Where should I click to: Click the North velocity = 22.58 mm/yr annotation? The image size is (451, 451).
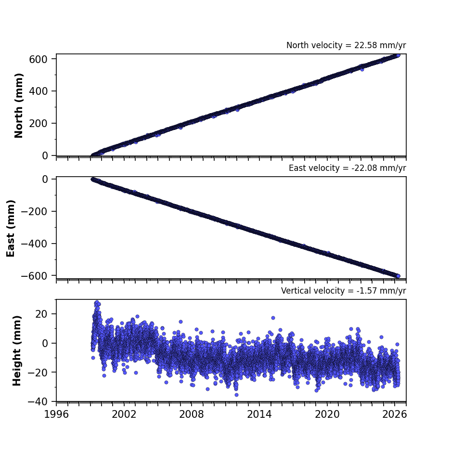346,45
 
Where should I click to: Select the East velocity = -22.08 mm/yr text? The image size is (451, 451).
347,168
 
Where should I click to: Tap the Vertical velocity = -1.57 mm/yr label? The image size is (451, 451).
344,291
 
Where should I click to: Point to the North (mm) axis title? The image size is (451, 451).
18,105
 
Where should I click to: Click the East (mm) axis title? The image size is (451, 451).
11,228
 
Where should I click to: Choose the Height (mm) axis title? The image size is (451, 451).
17,350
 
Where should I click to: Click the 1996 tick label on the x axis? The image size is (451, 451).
56,414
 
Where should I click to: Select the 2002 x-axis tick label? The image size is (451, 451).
124,414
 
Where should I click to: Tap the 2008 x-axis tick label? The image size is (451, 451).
192,414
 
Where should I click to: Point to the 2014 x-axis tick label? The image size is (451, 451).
259,414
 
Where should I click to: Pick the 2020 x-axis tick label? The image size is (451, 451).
327,414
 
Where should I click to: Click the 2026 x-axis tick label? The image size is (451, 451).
395,414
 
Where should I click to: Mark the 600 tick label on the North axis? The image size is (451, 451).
38,59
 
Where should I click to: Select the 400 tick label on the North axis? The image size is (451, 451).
38,91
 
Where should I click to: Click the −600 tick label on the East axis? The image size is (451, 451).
34,276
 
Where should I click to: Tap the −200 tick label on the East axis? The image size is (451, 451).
34,211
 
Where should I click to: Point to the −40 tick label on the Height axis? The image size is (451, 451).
38,401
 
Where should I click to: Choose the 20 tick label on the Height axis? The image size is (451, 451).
41,314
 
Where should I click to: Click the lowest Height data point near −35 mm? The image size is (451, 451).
236,395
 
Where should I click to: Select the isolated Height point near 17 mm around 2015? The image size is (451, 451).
273,318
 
